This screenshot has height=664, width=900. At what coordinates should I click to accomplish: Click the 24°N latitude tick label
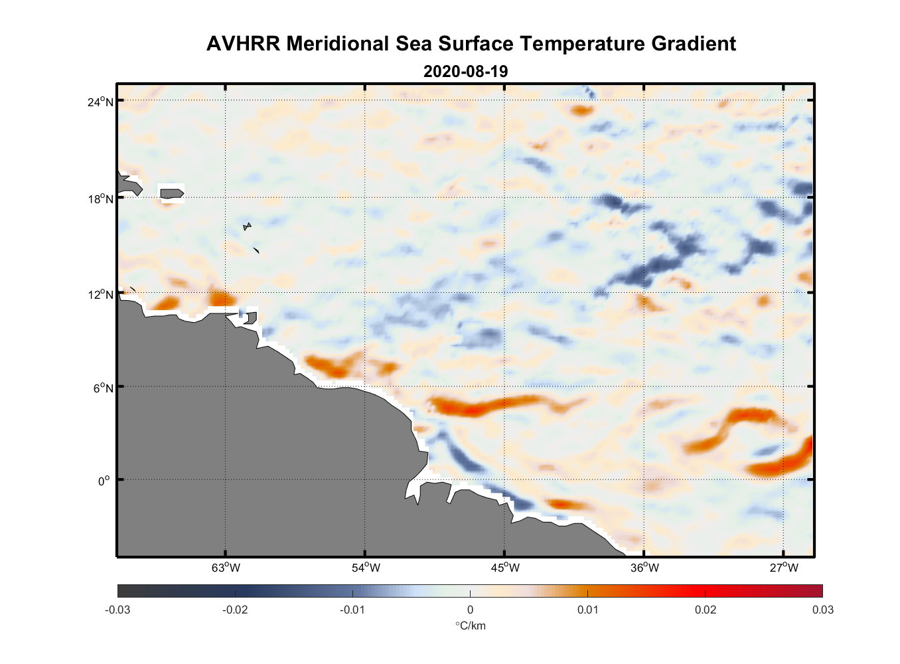tap(100, 102)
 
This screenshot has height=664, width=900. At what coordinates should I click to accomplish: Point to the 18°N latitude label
tap(100, 199)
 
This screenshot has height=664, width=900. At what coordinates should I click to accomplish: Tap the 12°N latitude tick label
tap(100, 294)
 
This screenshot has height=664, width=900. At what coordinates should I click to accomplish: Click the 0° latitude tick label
tap(104, 481)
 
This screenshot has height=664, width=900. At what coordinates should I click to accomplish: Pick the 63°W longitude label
tap(226, 568)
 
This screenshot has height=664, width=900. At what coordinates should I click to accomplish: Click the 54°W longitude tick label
tap(366, 568)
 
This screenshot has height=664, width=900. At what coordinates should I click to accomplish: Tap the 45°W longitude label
tap(505, 568)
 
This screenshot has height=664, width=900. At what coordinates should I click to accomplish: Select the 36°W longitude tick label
tap(644, 568)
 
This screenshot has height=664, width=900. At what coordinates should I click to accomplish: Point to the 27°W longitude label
tap(784, 568)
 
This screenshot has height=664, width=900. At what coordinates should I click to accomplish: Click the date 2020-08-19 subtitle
tap(465, 72)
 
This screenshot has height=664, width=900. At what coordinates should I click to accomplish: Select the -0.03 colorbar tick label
tap(117, 610)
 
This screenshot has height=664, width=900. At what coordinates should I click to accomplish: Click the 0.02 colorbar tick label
tap(705, 610)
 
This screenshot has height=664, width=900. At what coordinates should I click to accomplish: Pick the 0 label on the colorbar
tap(470, 610)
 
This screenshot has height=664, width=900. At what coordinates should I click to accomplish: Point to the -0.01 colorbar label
tap(352, 610)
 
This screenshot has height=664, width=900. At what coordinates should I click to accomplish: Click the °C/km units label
tap(470, 625)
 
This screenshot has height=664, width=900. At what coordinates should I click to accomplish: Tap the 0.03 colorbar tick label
tap(822, 610)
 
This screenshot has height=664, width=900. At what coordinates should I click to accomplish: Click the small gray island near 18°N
tap(171, 193)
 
